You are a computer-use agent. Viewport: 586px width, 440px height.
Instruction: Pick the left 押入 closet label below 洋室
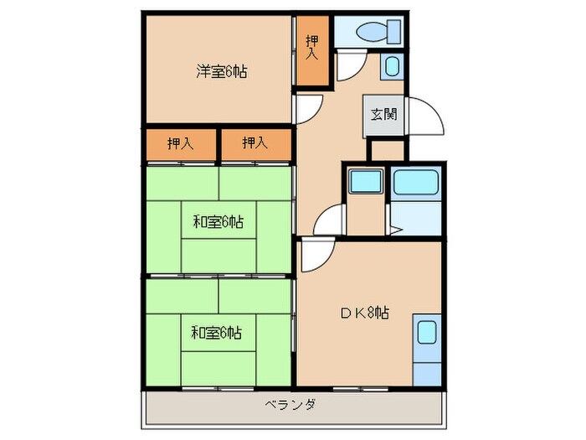[180, 143]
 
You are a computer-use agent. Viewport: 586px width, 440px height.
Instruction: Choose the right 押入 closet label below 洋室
[254, 143]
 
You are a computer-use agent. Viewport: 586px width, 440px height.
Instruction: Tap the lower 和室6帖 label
[218, 334]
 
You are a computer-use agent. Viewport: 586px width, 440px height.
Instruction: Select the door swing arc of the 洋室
[308, 107]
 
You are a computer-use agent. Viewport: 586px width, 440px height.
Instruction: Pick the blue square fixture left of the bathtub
[364, 184]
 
